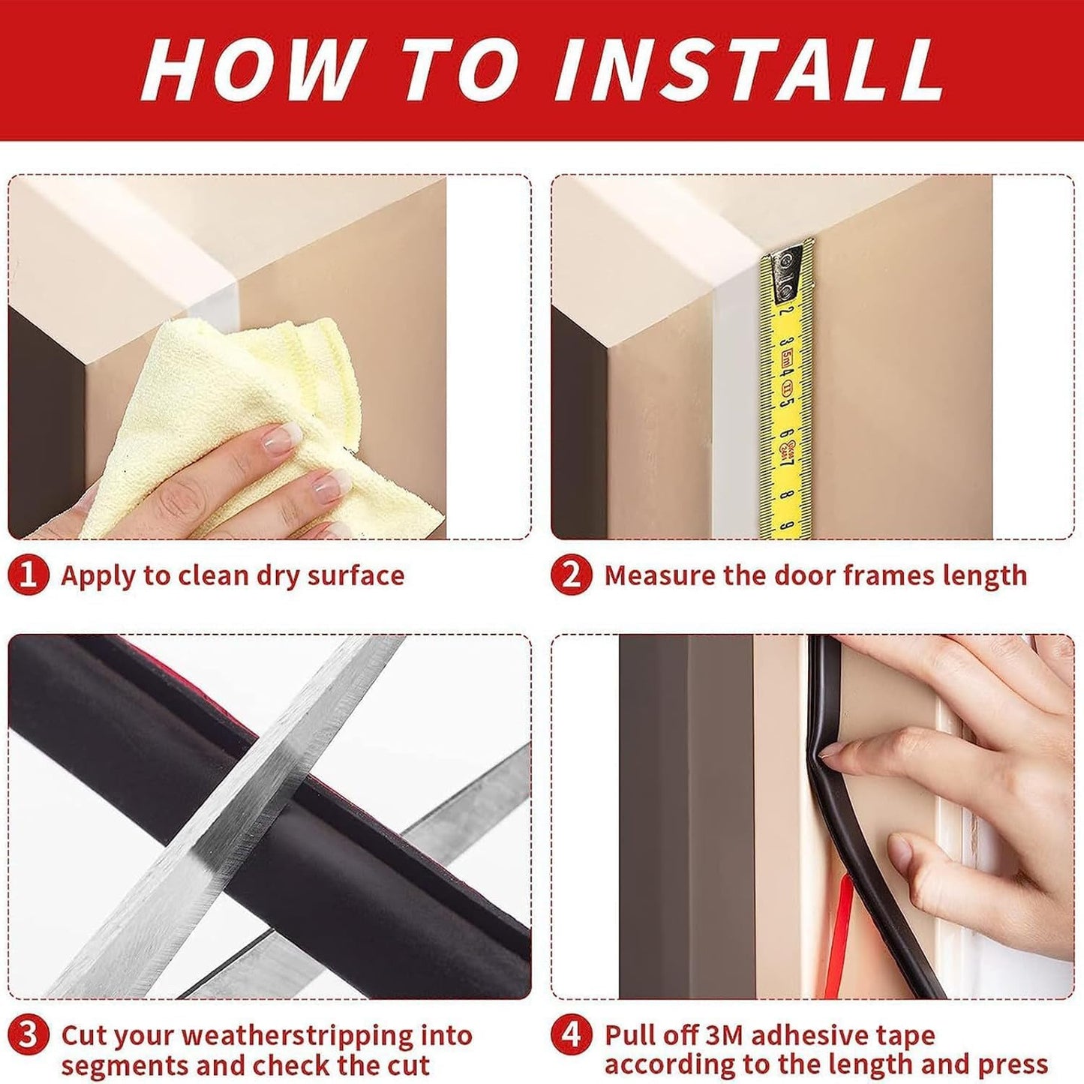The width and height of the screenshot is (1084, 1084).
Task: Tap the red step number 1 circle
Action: click(x=28, y=575)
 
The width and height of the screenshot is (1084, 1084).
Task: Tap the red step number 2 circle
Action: click(x=571, y=575)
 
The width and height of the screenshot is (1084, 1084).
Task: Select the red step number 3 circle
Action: click(x=28, y=1036)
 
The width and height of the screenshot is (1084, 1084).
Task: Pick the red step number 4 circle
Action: click(x=571, y=1036)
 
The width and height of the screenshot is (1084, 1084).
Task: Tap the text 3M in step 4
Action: click(x=724, y=1036)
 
